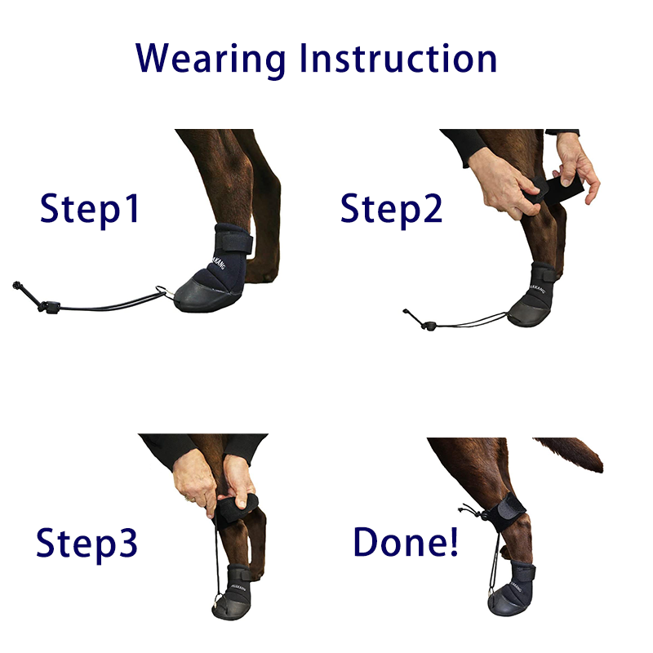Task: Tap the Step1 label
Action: [90, 209]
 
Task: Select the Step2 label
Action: [392, 209]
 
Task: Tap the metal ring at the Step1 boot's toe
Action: [163, 291]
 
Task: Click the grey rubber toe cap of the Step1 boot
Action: [202, 294]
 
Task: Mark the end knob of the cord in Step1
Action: [17, 285]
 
